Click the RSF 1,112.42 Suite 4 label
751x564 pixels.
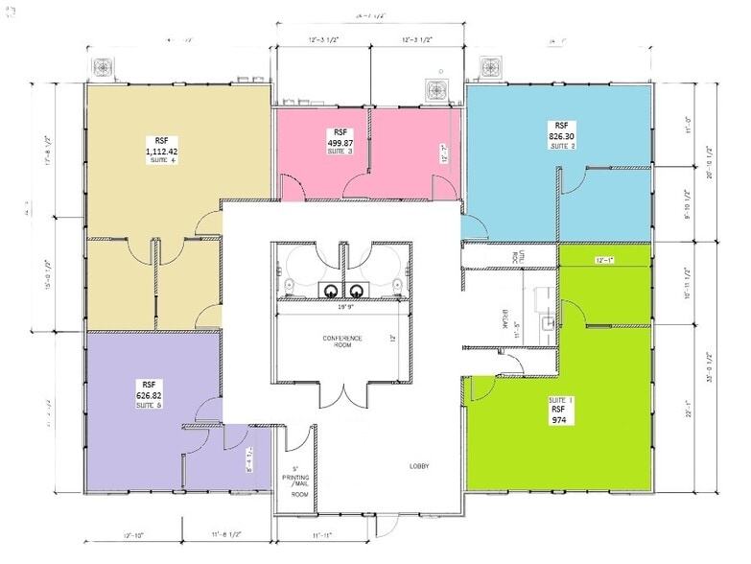point(161,150)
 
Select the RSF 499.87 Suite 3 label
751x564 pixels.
point(340,141)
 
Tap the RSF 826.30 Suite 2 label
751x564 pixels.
point(561,135)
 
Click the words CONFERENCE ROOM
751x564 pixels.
point(341,343)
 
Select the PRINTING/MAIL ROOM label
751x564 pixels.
point(299,482)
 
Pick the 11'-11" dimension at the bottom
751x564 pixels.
point(321,533)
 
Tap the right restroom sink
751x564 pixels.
point(357,290)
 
